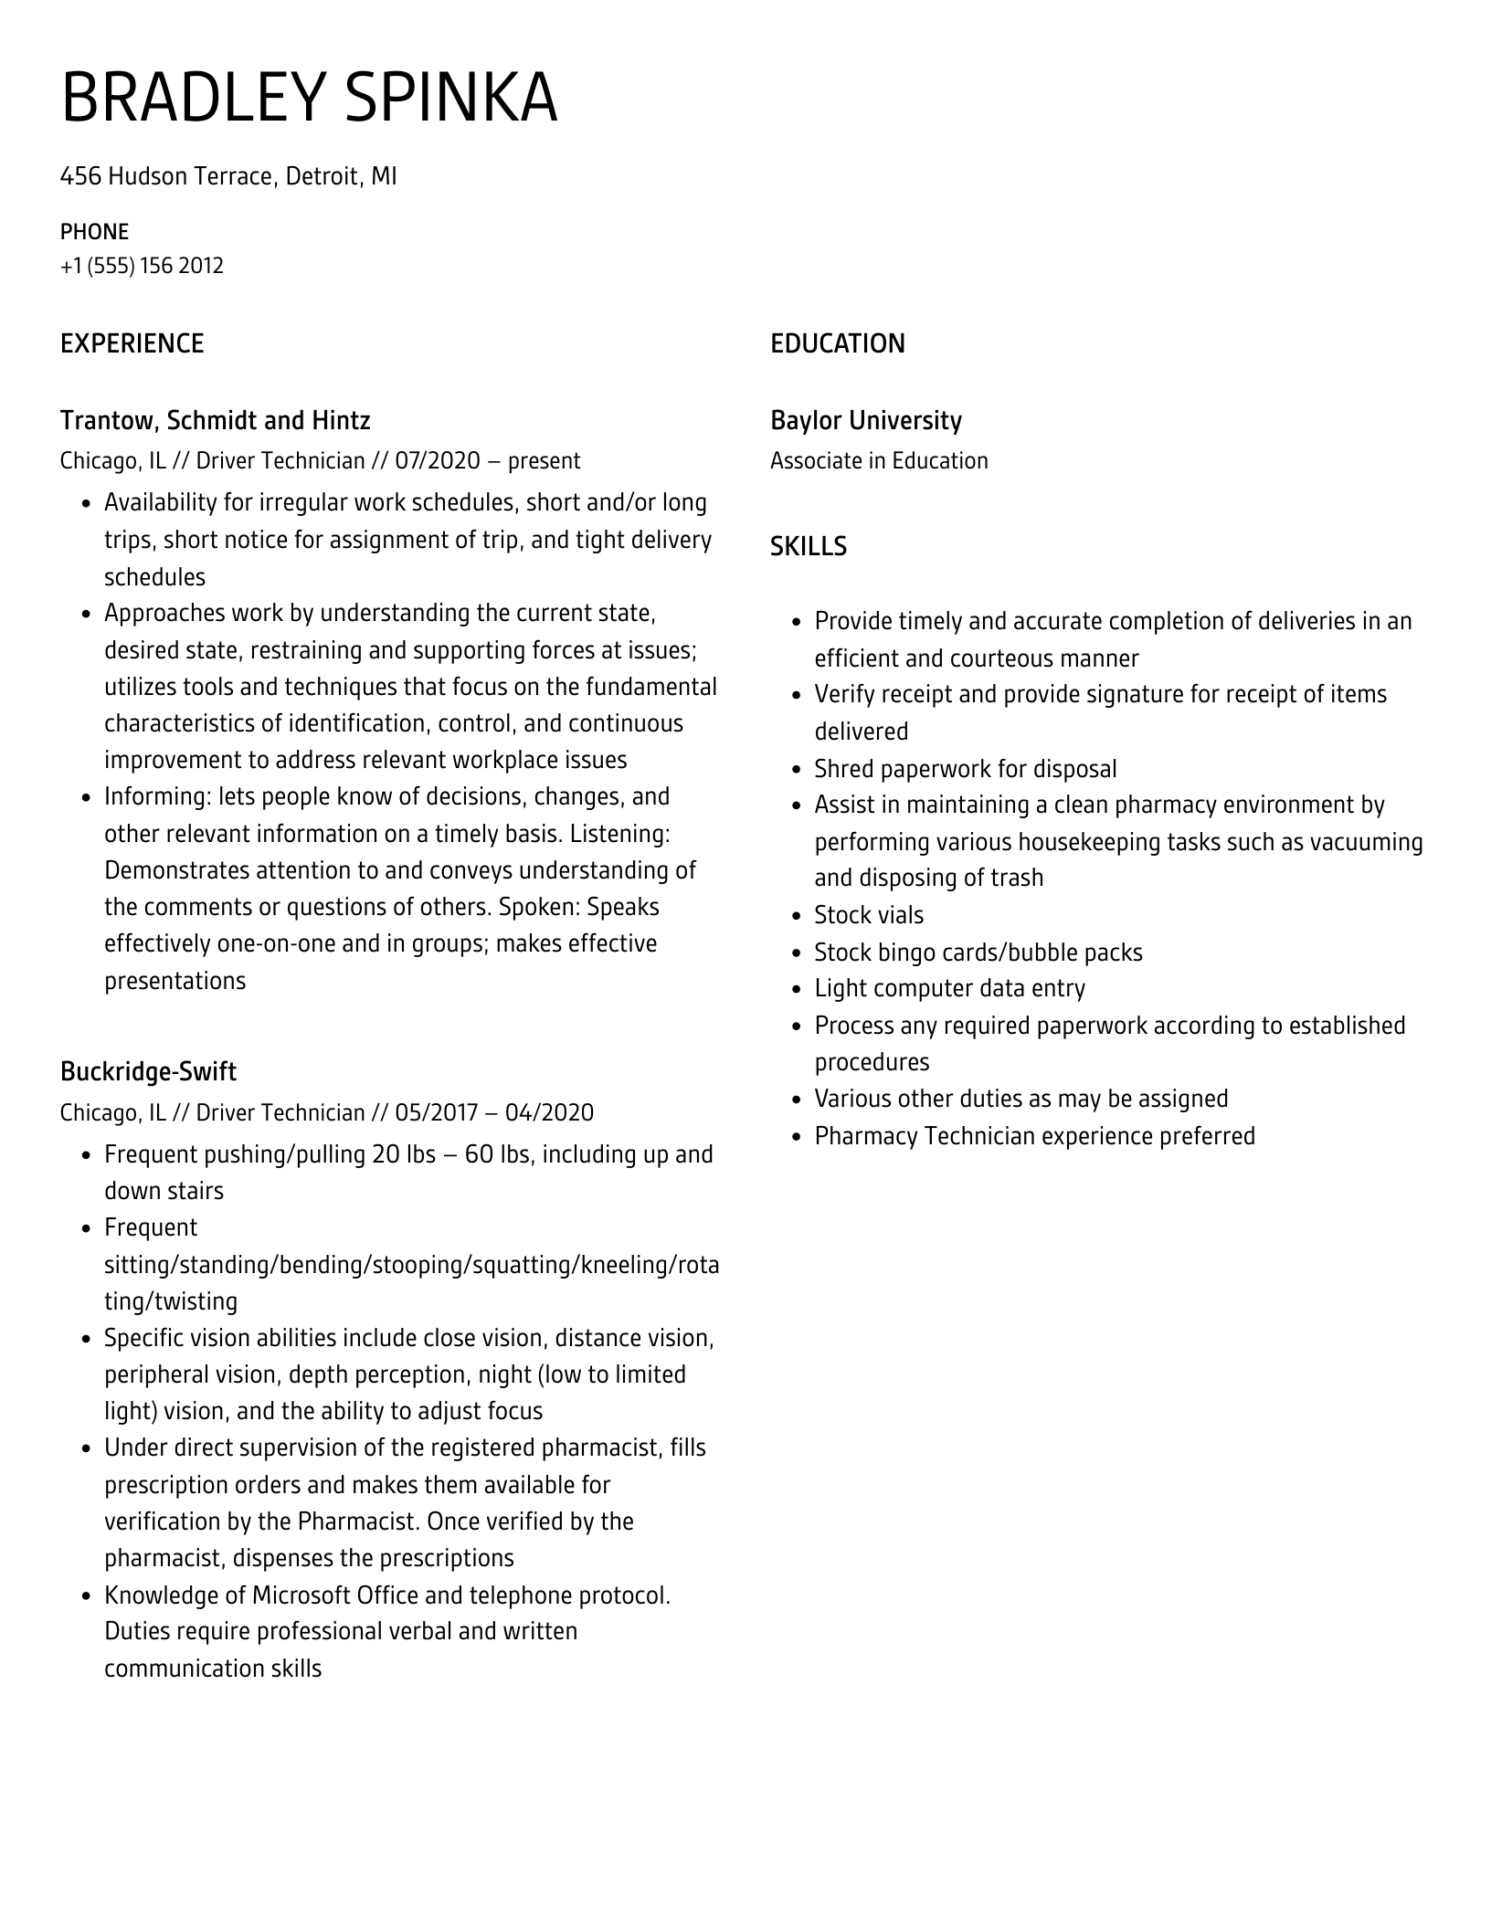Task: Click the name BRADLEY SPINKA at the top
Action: tap(309, 99)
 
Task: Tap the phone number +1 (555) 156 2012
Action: tap(142, 266)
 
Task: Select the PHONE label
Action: tap(94, 231)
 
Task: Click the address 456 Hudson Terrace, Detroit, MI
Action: tap(228, 175)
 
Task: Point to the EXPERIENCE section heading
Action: tap(132, 343)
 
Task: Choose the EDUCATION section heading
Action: tap(837, 343)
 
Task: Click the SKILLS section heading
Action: tap(808, 546)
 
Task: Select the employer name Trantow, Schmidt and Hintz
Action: tap(215, 420)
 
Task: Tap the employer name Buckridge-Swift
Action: tap(148, 1071)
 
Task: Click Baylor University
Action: tap(865, 420)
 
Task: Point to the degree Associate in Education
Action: tap(879, 460)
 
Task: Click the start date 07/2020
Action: tap(437, 460)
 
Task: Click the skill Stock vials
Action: tap(869, 915)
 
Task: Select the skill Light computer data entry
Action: tap(949, 988)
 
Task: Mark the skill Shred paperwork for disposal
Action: tap(965, 769)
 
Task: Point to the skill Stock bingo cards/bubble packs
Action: tap(978, 953)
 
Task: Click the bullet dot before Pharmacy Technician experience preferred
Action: tap(796, 1137)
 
